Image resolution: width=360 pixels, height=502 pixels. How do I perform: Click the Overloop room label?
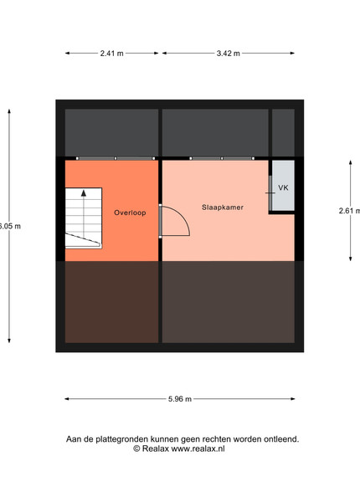pos(130,213)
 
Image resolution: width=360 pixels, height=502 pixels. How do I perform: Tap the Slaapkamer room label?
pos(223,207)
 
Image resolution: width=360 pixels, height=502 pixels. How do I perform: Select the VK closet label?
pos(283,187)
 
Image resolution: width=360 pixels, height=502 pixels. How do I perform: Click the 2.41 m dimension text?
pos(112,54)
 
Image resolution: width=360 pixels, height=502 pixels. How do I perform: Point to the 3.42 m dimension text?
pos(228,54)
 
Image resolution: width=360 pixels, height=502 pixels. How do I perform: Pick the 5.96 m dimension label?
pos(180,399)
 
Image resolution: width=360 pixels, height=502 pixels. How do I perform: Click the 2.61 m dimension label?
pos(349,211)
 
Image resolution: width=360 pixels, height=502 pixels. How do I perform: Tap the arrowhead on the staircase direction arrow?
pos(84,193)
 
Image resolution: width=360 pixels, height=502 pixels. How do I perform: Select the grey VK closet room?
pos(283,186)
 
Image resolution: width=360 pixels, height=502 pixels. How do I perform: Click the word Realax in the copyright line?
pos(156,448)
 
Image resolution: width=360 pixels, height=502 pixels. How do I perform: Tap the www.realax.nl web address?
pos(198,448)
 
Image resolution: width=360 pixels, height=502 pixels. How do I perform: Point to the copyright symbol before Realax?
pos(136,448)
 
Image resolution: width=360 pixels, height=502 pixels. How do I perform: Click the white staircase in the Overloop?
pos(84,218)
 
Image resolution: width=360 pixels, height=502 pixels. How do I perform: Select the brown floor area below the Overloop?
pos(111,302)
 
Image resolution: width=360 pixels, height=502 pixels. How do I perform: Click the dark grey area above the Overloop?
pos(111,132)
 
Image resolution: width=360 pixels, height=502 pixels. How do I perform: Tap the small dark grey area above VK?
pos(283,132)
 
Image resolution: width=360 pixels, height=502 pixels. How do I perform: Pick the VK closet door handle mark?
pos(270,193)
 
